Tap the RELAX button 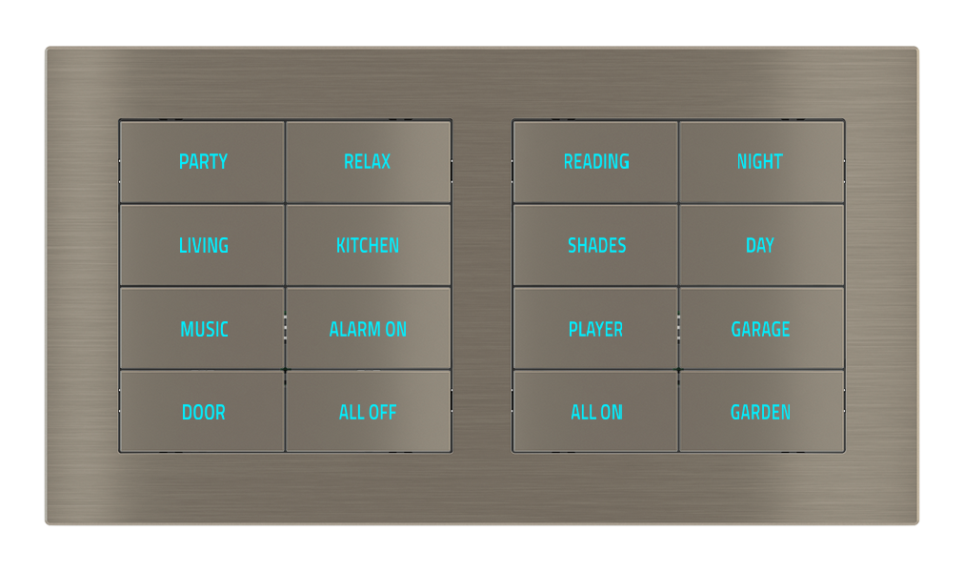(368, 162)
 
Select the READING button (595, 162)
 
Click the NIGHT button (760, 162)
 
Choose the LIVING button (203, 245)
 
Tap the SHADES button (595, 245)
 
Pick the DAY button (760, 245)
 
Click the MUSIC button (203, 329)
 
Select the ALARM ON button (368, 329)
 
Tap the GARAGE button (760, 329)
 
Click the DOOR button (203, 412)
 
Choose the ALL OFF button (368, 412)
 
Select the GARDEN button (760, 412)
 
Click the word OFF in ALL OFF (381, 413)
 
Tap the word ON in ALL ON (612, 413)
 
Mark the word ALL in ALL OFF (351, 413)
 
